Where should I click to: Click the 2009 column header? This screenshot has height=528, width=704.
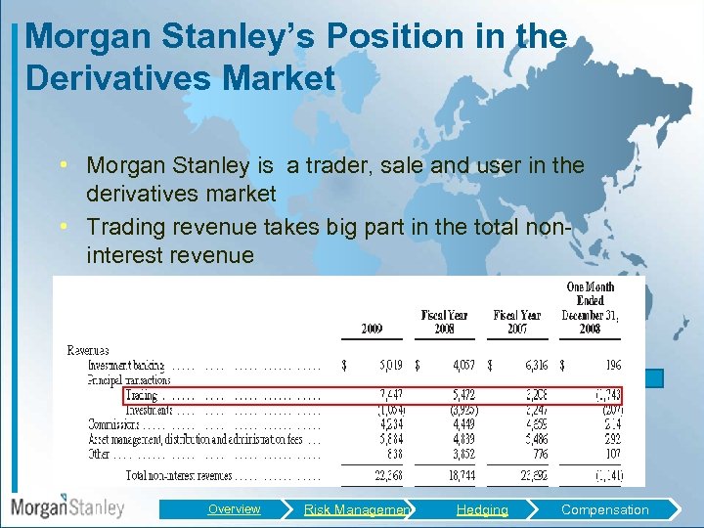point(372,330)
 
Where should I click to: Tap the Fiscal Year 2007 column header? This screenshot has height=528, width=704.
point(517,322)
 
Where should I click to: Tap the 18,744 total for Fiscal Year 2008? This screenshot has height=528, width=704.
point(460,475)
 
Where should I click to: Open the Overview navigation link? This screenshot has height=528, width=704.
point(234,508)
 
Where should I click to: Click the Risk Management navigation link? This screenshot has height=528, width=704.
point(357,509)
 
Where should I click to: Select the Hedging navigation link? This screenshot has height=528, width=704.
point(482,509)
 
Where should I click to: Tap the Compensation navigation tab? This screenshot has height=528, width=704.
point(604,509)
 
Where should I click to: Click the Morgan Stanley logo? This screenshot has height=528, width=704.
point(67,507)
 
